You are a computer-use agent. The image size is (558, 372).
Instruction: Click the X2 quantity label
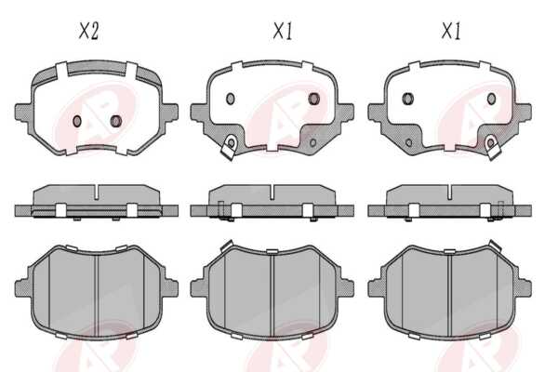tap(88, 31)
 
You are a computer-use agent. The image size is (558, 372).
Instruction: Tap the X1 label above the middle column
tap(284, 31)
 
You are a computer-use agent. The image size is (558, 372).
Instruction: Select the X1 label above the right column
tap(451, 31)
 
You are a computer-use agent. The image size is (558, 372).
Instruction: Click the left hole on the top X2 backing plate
tap(77, 121)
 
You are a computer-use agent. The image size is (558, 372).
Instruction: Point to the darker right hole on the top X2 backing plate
tap(116, 121)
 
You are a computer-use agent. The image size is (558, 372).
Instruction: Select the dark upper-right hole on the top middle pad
tap(314, 99)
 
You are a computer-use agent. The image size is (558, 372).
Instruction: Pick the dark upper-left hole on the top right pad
tap(408, 99)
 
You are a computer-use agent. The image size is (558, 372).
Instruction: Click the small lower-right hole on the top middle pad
tap(312, 143)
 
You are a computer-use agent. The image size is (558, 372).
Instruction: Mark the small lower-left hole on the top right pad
tap(408, 143)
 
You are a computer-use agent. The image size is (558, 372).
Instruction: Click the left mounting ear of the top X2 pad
tap(23, 113)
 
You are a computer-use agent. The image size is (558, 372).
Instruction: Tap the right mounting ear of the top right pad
tap(524, 113)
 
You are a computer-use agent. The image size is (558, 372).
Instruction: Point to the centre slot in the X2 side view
tap(96, 192)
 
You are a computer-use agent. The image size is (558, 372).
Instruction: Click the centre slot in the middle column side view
tap(272, 192)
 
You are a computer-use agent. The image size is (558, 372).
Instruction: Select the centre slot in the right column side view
tap(450, 192)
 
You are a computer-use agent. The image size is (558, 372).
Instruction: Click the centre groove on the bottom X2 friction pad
tap(97, 295)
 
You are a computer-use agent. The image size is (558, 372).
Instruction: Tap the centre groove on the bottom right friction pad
tap(449, 296)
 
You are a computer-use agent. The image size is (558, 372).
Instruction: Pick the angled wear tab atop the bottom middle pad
tap(226, 246)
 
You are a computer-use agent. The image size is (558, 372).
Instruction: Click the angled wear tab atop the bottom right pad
tap(495, 246)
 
